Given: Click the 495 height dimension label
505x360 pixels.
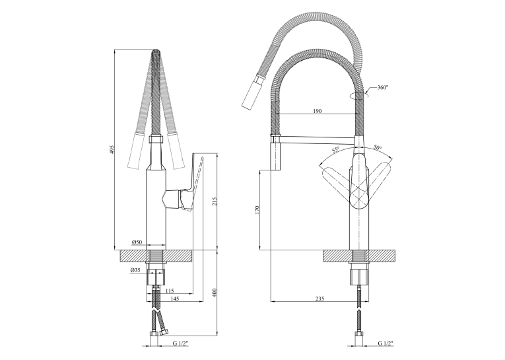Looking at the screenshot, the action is coord(112,150).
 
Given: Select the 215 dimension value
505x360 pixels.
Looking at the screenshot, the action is coord(215,201).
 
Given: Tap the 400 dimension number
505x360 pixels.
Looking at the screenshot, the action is coord(215,293).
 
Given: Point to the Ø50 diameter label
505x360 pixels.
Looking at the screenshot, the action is coord(137,242).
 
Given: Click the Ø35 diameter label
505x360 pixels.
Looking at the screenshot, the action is coord(135,271).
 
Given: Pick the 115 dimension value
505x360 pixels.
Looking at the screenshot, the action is coord(170,291).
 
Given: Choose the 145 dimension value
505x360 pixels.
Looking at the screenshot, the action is coord(174,299).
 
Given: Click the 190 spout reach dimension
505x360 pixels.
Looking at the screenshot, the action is coord(318,111).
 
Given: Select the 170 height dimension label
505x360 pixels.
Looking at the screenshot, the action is coord(257,210).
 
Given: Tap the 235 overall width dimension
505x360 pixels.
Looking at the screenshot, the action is coord(320,299).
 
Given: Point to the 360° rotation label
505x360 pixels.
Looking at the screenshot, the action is coord(383,87).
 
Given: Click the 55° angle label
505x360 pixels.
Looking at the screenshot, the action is coord(336,150).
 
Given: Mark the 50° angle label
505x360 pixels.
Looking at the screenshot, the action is coord(378,147).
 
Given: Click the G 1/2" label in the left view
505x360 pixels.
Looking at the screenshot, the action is coord(180,343).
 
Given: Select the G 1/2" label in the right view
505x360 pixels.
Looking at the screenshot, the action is coord(386,343).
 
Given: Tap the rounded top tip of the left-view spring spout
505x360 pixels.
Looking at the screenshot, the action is coord(156,51).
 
